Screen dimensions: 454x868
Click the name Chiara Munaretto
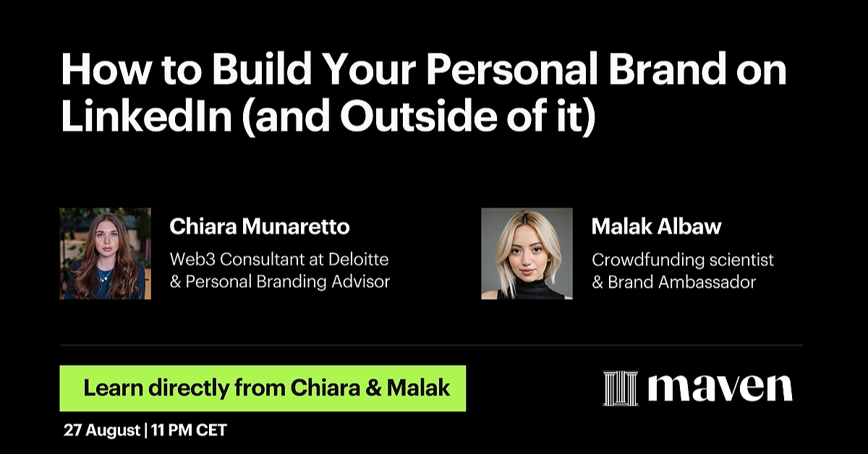click(260, 227)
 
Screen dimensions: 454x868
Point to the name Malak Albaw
click(656, 227)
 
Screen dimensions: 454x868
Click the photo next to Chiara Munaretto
click(106, 254)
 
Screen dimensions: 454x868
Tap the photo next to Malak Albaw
click(527, 254)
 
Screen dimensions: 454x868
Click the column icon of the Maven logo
click(621, 388)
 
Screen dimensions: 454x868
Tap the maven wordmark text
click(720, 388)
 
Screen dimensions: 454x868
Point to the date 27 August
click(102, 431)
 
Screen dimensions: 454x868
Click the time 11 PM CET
click(189, 431)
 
